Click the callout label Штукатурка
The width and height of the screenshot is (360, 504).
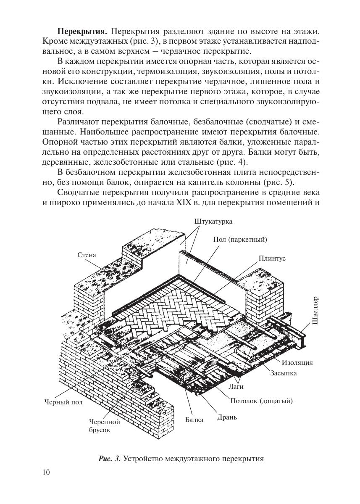[213, 221]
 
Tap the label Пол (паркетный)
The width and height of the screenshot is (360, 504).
[240, 240]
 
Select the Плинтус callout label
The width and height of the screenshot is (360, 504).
[272, 259]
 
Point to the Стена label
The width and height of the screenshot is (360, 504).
[87, 255]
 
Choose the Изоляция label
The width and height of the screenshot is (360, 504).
[297, 363]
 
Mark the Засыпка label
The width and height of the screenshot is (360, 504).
[283, 373]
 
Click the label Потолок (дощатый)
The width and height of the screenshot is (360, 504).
[261, 401]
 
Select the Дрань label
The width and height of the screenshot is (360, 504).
[227, 417]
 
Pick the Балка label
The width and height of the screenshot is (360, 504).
[194, 420]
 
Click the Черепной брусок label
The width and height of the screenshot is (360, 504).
[105, 426]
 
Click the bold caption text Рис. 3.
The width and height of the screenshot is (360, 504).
[110, 458]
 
